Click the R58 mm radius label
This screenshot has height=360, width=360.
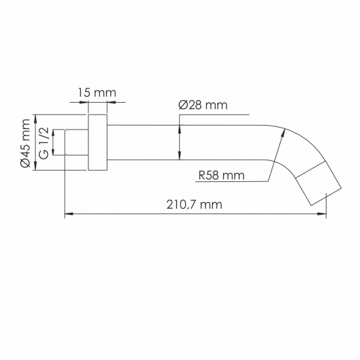[x=221, y=175]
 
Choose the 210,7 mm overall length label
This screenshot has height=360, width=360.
[x=194, y=204]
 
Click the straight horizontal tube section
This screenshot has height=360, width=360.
[x=183, y=143]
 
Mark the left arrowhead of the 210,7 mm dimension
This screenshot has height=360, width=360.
[x=67, y=213]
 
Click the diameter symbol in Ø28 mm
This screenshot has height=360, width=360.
[x=183, y=105]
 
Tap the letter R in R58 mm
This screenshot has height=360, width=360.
[x=202, y=175]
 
